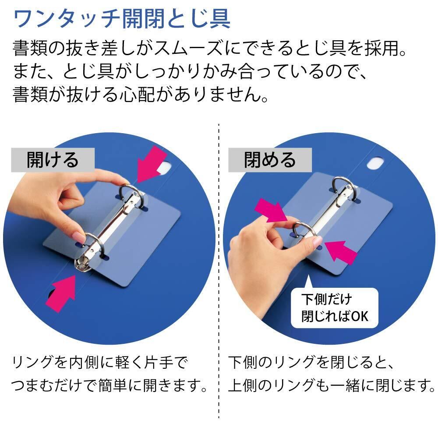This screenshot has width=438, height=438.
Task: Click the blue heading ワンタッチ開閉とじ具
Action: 122,19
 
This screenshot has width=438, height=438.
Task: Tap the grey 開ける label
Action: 53,160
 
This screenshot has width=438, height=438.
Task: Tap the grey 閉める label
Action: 270,160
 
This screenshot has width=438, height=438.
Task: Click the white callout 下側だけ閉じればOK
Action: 334,308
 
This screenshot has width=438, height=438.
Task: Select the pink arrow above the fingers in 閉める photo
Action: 270,211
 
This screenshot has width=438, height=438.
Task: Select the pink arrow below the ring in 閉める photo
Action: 340,252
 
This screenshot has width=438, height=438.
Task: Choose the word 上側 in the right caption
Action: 243,385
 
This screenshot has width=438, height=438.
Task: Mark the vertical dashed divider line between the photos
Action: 219,271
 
